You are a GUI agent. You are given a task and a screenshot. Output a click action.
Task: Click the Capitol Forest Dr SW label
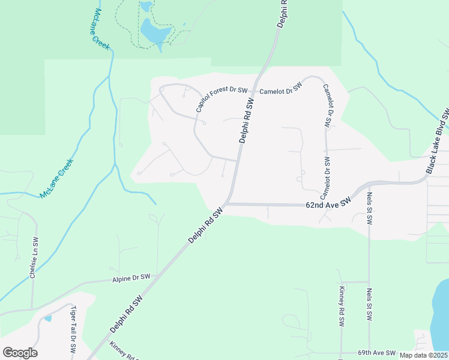point(222,99)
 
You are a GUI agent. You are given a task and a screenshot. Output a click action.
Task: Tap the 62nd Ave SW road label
point(327,204)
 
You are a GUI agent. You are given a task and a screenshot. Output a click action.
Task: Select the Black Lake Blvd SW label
point(437,142)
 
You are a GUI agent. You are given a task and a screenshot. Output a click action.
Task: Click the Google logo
point(20,353)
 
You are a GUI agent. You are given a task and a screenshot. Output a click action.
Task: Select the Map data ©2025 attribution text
point(423,355)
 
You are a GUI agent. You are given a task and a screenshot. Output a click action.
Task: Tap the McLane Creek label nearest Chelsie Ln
point(56,179)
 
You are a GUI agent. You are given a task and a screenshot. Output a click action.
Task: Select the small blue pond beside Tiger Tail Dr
point(47,317)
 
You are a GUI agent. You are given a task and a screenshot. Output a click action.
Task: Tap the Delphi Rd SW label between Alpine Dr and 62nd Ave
point(205,225)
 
